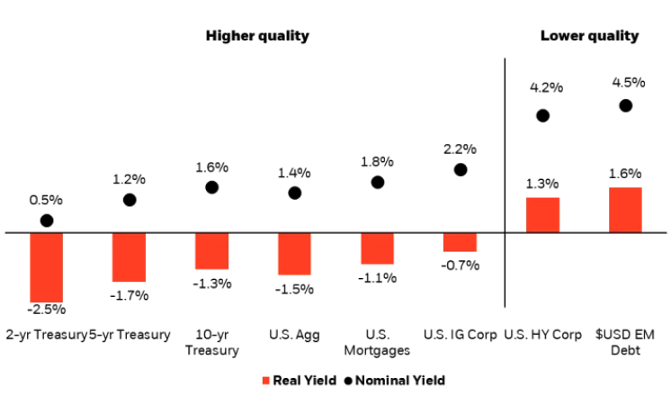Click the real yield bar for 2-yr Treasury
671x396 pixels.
[47, 267]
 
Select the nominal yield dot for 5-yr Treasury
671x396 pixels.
[130, 199]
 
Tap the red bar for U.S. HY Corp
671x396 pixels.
[542, 215]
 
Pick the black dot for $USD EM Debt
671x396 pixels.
[626, 105]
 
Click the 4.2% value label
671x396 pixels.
[545, 87]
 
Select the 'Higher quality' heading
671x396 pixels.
[257, 36]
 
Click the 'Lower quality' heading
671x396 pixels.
[589, 36]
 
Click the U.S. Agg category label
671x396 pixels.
[293, 335]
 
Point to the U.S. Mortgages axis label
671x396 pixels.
[377, 342]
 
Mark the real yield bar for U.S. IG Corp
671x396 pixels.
[460, 242]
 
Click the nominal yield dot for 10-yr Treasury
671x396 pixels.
[212, 187]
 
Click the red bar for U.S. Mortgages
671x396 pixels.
[377, 248]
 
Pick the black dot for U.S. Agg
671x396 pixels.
[294, 193]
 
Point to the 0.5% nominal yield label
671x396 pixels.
[47, 200]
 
